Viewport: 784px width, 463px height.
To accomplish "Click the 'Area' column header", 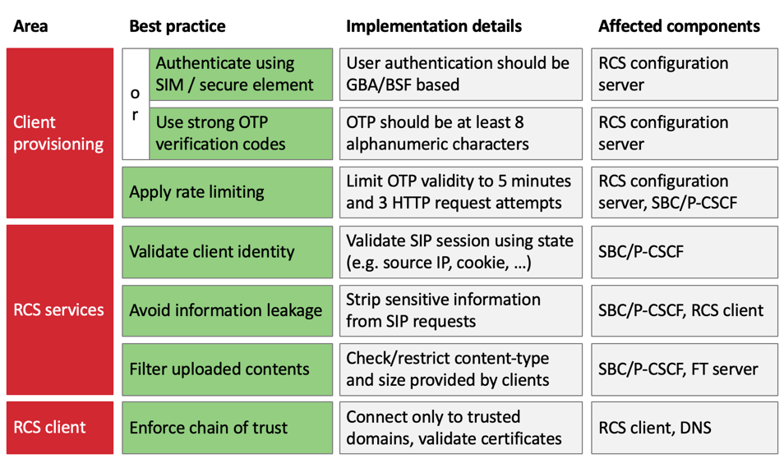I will click(30, 26).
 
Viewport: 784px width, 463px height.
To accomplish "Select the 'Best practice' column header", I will click(177, 26).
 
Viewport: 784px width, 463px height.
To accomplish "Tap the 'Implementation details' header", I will click(433, 26).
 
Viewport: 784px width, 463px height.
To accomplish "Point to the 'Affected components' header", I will click(679, 26).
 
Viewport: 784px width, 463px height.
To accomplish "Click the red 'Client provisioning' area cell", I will click(59, 133).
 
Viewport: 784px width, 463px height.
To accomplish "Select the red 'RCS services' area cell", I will click(59, 309).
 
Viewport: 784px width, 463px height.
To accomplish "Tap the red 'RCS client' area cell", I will click(59, 427).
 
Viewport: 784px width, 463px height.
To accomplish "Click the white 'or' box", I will click(135, 103).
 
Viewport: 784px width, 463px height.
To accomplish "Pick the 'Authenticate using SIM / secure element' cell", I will click(240, 74).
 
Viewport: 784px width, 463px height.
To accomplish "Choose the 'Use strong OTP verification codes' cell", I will click(240, 133).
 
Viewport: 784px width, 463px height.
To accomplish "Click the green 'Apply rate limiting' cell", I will click(227, 192).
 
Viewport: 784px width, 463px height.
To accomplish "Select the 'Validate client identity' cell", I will click(227, 251).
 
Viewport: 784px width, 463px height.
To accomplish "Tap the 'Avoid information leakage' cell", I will click(227, 310).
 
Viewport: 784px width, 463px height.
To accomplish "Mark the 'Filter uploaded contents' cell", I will click(227, 369).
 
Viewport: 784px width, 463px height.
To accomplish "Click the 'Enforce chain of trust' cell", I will click(227, 427).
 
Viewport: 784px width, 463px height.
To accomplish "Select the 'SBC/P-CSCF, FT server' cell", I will click(684, 369).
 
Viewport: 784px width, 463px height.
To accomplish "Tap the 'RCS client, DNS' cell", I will click(684, 427).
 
